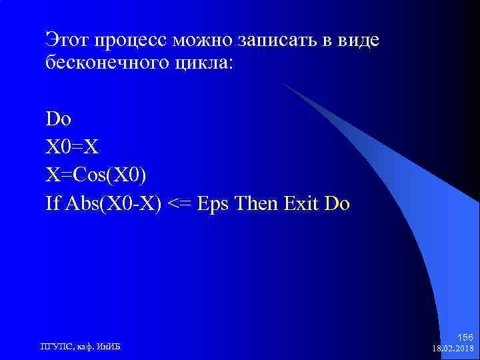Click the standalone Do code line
coord(59,119)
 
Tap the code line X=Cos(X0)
coord(96,175)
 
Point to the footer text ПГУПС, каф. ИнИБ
coord(81,345)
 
